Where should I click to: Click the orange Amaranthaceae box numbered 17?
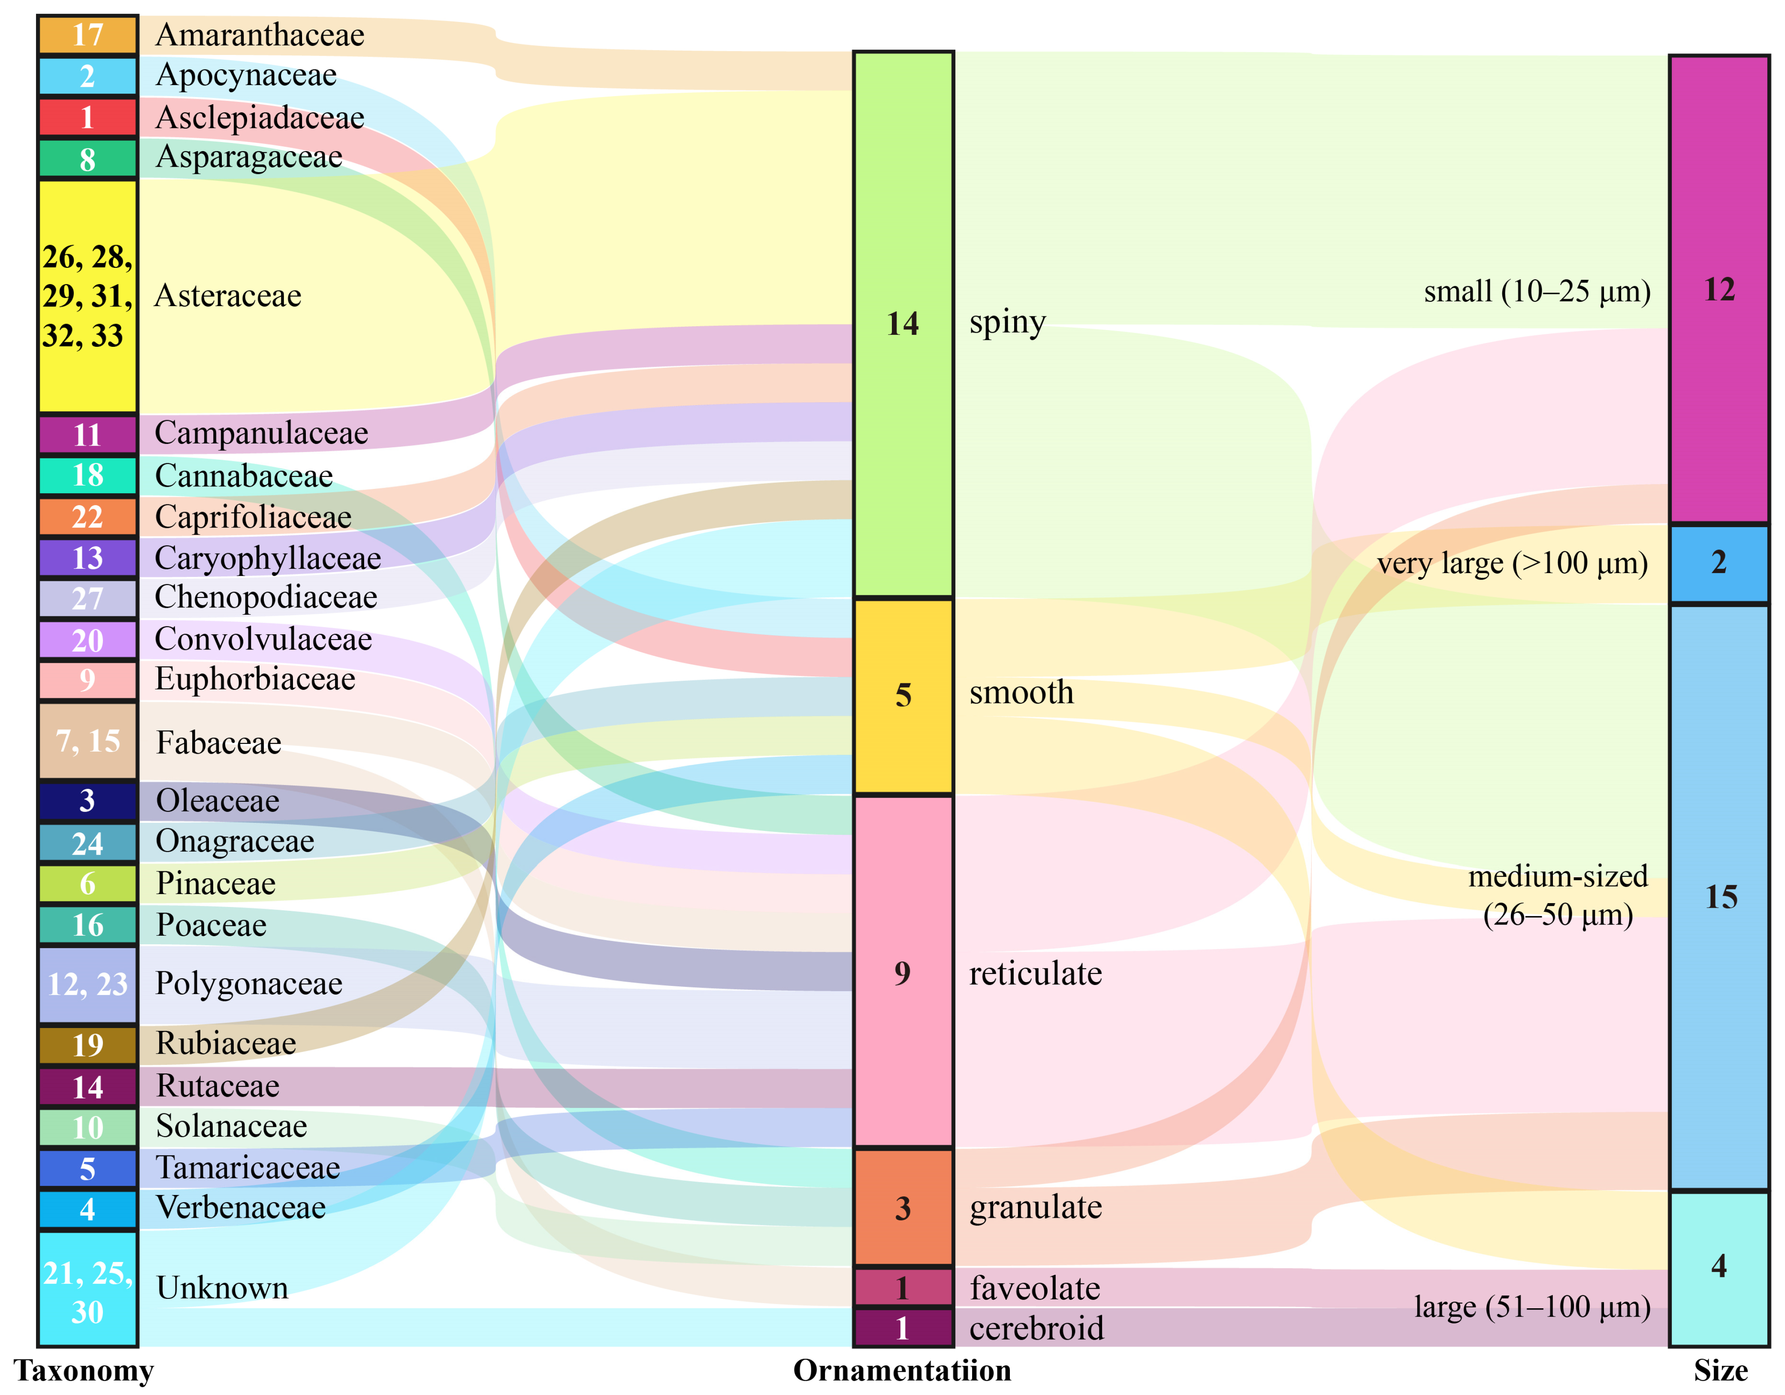pyautogui.click(x=88, y=34)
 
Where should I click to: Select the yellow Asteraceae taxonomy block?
pyautogui.click(x=88, y=296)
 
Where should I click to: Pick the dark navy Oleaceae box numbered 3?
pyautogui.click(x=88, y=801)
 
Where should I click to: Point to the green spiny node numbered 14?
pyautogui.click(x=903, y=324)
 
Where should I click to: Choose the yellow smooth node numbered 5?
pyautogui.click(x=903, y=695)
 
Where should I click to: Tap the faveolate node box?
pyautogui.click(x=903, y=1287)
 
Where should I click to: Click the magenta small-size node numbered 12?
pyautogui.click(x=1719, y=289)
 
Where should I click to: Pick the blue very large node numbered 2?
pyautogui.click(x=1719, y=563)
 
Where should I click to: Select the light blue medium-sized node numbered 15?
pyautogui.click(x=1719, y=897)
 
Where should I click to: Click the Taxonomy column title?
pyautogui.click(x=84, y=1371)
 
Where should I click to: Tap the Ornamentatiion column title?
pyautogui.click(x=902, y=1371)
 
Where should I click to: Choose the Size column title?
pyautogui.click(x=1720, y=1371)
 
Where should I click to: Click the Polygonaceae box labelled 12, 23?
pyautogui.click(x=88, y=985)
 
